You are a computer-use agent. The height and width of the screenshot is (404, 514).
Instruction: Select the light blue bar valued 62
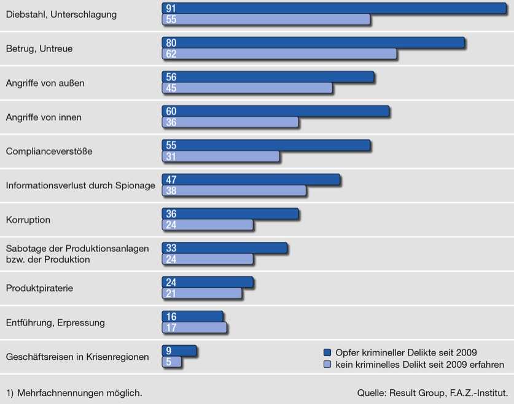pos(279,53)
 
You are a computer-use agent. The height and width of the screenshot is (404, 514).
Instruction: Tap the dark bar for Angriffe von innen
pos(275,111)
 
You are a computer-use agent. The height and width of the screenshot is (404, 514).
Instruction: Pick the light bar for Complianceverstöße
pos(220,157)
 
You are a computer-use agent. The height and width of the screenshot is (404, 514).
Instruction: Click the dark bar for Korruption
pos(230,214)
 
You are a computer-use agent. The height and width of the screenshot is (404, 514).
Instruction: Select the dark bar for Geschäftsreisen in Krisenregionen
pos(179,351)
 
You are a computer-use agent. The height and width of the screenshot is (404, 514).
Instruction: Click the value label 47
pos(171,179)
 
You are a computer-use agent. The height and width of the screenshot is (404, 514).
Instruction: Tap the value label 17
pos(171,328)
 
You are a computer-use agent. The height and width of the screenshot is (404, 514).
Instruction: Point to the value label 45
pos(171,88)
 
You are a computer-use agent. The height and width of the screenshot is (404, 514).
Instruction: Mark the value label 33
pos(171,248)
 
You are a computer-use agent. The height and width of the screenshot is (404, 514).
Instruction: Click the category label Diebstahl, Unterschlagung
pos(61,14)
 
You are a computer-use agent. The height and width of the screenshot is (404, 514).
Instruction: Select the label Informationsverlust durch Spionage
pos(80,185)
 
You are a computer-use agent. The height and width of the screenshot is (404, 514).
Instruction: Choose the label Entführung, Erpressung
pos(55,322)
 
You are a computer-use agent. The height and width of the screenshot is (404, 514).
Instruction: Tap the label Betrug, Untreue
pos(39,49)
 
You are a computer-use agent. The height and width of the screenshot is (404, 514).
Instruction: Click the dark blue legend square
pos(327,352)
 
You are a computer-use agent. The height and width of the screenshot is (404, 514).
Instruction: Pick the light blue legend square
pos(327,365)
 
